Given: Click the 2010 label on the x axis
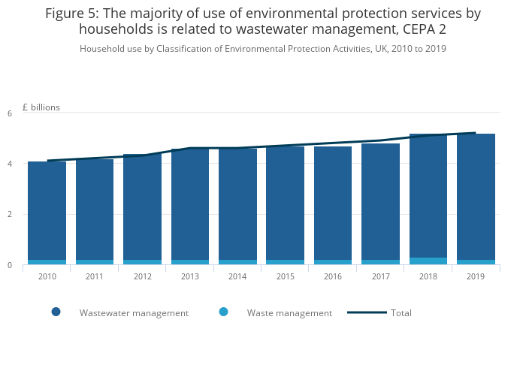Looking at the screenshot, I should coord(47,277).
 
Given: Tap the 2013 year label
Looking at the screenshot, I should coord(189,277).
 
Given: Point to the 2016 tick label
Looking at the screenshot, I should coord(333,277).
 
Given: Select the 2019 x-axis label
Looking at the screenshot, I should coord(476,277).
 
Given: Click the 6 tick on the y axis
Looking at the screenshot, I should coord(10,113).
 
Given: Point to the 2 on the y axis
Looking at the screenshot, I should coord(10,215).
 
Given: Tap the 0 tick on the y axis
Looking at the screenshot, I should coord(10,266).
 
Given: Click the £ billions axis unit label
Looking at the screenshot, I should coord(41,107).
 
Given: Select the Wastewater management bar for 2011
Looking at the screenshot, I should coord(95,210).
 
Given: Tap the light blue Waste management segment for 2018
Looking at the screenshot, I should coord(428,261).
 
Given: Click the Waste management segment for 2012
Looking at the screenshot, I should coord(142,262).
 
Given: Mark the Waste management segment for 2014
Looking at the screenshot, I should coord(237,262).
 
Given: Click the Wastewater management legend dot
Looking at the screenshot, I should coord(56,312).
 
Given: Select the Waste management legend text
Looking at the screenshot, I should coord(289,313).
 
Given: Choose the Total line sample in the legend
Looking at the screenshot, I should coord(367,312).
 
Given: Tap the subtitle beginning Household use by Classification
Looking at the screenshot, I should coord(263,49).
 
